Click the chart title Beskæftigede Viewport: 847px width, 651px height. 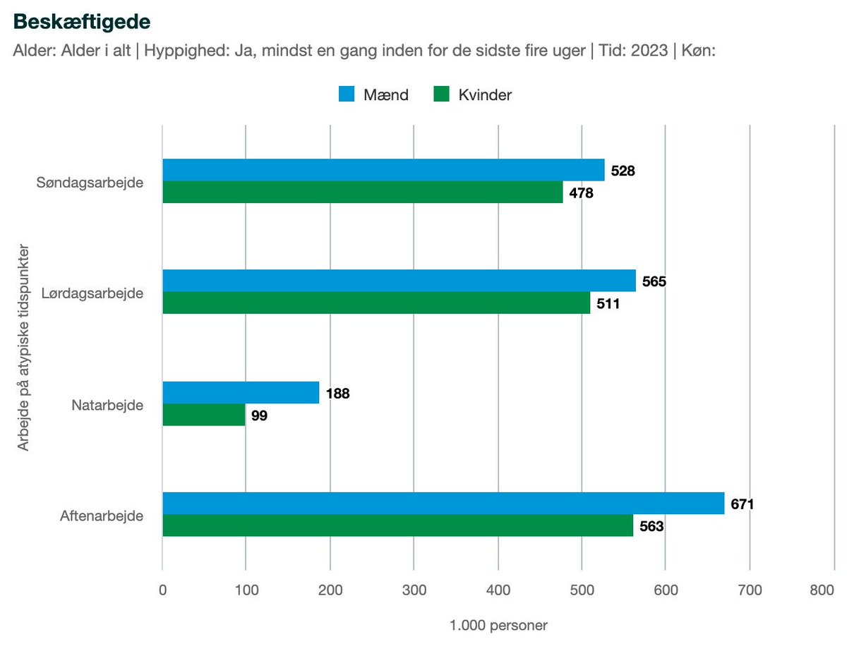tap(82, 22)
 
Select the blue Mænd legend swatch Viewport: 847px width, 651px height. tap(347, 95)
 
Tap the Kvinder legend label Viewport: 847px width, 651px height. tap(485, 95)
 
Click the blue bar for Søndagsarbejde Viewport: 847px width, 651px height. tap(383, 170)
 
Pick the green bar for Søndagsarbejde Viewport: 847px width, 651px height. tap(362, 192)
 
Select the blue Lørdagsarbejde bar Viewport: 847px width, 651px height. tap(399, 281)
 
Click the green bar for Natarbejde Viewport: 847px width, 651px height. tap(204, 415)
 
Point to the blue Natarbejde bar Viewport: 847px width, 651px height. tap(241, 393)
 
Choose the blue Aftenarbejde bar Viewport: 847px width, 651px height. tap(443, 504)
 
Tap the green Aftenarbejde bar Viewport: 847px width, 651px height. tap(397, 525)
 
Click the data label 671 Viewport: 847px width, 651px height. tap(743, 504)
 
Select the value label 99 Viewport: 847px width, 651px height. tap(260, 415)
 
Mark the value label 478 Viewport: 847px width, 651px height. tap(581, 193)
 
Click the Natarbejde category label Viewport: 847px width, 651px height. tap(107, 405)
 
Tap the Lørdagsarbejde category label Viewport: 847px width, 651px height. tap(92, 293)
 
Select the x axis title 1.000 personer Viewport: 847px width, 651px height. tap(498, 625)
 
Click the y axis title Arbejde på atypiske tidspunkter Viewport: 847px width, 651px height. tap(23, 348)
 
